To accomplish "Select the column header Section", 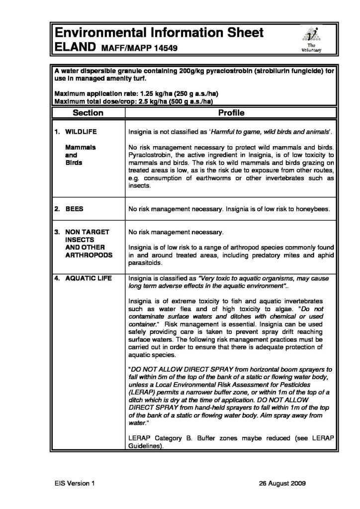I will (x=88, y=113).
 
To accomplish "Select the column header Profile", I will (x=231, y=113).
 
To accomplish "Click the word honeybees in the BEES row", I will (x=311, y=210).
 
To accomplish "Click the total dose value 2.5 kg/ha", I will (x=141, y=101).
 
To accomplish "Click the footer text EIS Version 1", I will (x=74, y=482).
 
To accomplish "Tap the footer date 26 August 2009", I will (x=283, y=482).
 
